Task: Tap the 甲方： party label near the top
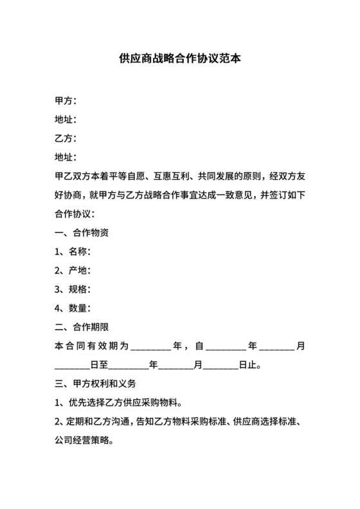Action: coord(66,101)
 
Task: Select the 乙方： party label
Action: coord(66,138)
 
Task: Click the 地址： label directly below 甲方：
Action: coord(66,120)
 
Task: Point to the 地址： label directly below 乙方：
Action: coord(66,157)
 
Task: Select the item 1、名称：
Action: coord(73,252)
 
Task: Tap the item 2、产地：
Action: coord(73,271)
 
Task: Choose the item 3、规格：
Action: coord(73,289)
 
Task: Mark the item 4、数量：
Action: coord(73,308)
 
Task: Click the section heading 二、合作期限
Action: coord(82,327)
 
